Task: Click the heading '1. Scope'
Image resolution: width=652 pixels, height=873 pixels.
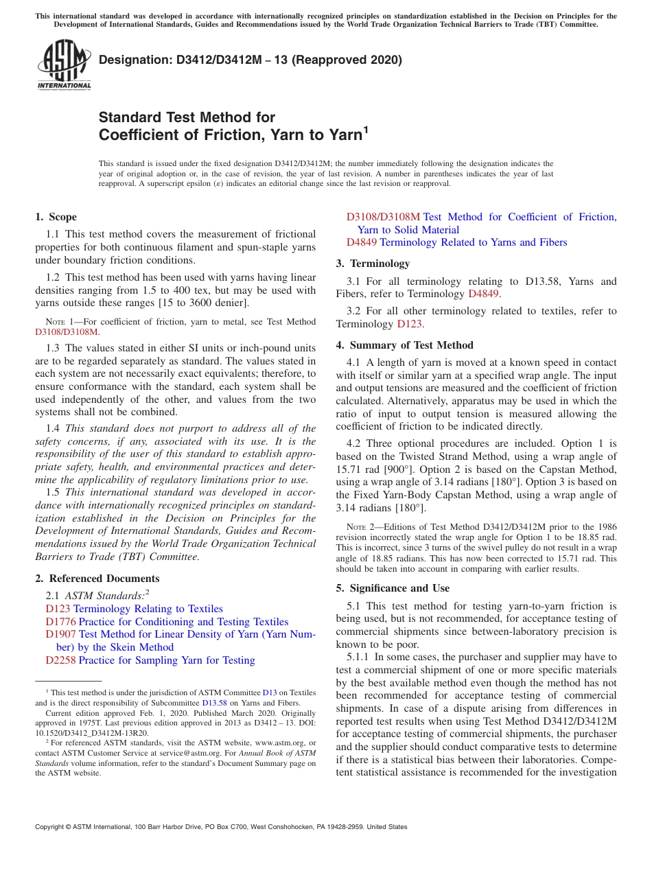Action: click(56, 217)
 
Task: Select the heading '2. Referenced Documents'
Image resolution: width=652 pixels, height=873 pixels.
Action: click(97, 579)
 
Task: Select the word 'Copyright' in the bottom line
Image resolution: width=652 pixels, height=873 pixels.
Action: click(49, 827)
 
